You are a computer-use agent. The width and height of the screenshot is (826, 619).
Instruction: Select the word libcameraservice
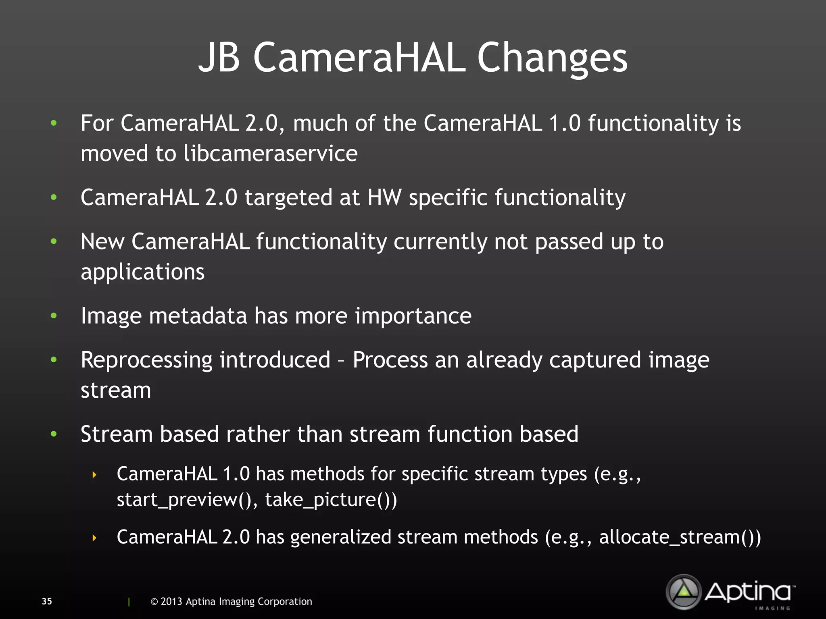pos(271,154)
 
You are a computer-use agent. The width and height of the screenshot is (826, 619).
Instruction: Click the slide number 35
pos(47,601)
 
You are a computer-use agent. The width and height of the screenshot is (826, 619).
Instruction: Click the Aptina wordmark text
pos(749,592)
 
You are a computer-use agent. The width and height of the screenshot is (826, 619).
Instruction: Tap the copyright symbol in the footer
pos(154,602)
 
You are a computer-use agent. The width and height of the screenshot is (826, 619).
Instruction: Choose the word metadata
pos(198,316)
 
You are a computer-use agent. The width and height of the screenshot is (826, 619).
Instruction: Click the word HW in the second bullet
pos(384,197)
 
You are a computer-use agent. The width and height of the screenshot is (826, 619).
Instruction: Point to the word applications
pos(143,272)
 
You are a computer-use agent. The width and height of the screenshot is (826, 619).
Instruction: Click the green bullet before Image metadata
pos(54,316)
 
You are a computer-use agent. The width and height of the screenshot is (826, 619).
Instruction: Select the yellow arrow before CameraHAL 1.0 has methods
pos(94,475)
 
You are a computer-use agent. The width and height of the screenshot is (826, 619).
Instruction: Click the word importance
pos(413,316)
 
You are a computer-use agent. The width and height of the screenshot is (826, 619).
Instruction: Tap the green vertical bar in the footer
pos(129,602)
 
